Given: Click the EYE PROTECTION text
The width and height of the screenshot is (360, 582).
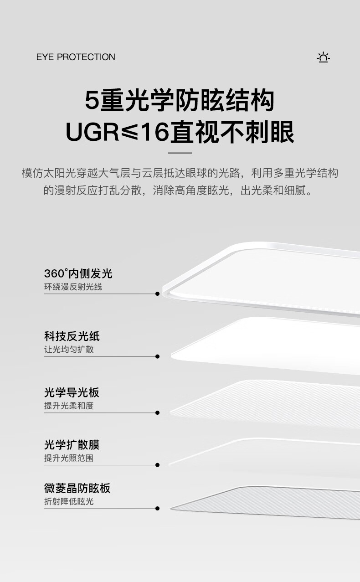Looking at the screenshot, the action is coord(76,57).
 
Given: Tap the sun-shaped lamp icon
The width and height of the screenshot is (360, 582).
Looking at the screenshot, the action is coord(323,57).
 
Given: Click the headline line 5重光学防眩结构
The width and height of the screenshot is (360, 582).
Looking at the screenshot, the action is coord(180,100).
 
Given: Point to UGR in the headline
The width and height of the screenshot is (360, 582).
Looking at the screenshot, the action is coord(93,132).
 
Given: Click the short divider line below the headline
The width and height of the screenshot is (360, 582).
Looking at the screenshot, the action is coord(180,153).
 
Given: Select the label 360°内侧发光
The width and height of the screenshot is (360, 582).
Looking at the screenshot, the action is coord(78,273).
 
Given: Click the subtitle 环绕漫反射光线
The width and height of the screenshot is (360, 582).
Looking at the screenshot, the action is coord(73,287).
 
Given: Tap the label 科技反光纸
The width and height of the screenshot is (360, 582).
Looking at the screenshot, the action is coord(72,336).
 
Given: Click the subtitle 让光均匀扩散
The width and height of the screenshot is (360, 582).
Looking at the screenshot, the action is coord(69,350).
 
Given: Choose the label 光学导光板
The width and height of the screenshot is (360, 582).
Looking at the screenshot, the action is coord(72,392).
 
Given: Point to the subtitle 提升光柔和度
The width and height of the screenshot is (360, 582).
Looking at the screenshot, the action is coord(69,406).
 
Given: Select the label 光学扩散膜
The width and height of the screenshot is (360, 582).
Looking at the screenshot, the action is coord(72,444).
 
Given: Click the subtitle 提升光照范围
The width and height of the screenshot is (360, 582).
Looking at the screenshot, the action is coord(69,458).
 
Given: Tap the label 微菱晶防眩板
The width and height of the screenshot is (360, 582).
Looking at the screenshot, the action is coord(77,488).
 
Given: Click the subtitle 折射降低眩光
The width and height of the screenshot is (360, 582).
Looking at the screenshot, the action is coord(69,501).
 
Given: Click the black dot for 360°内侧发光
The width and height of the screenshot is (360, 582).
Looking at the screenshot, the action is coord(157,294).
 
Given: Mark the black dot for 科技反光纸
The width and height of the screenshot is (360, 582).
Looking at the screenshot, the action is coord(157,356).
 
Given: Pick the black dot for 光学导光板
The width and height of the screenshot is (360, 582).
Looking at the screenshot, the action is coord(157,412).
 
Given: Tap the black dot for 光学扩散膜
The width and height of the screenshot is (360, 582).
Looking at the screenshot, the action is coord(157,465).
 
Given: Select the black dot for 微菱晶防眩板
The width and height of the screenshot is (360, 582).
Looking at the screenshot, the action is coord(157,508).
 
